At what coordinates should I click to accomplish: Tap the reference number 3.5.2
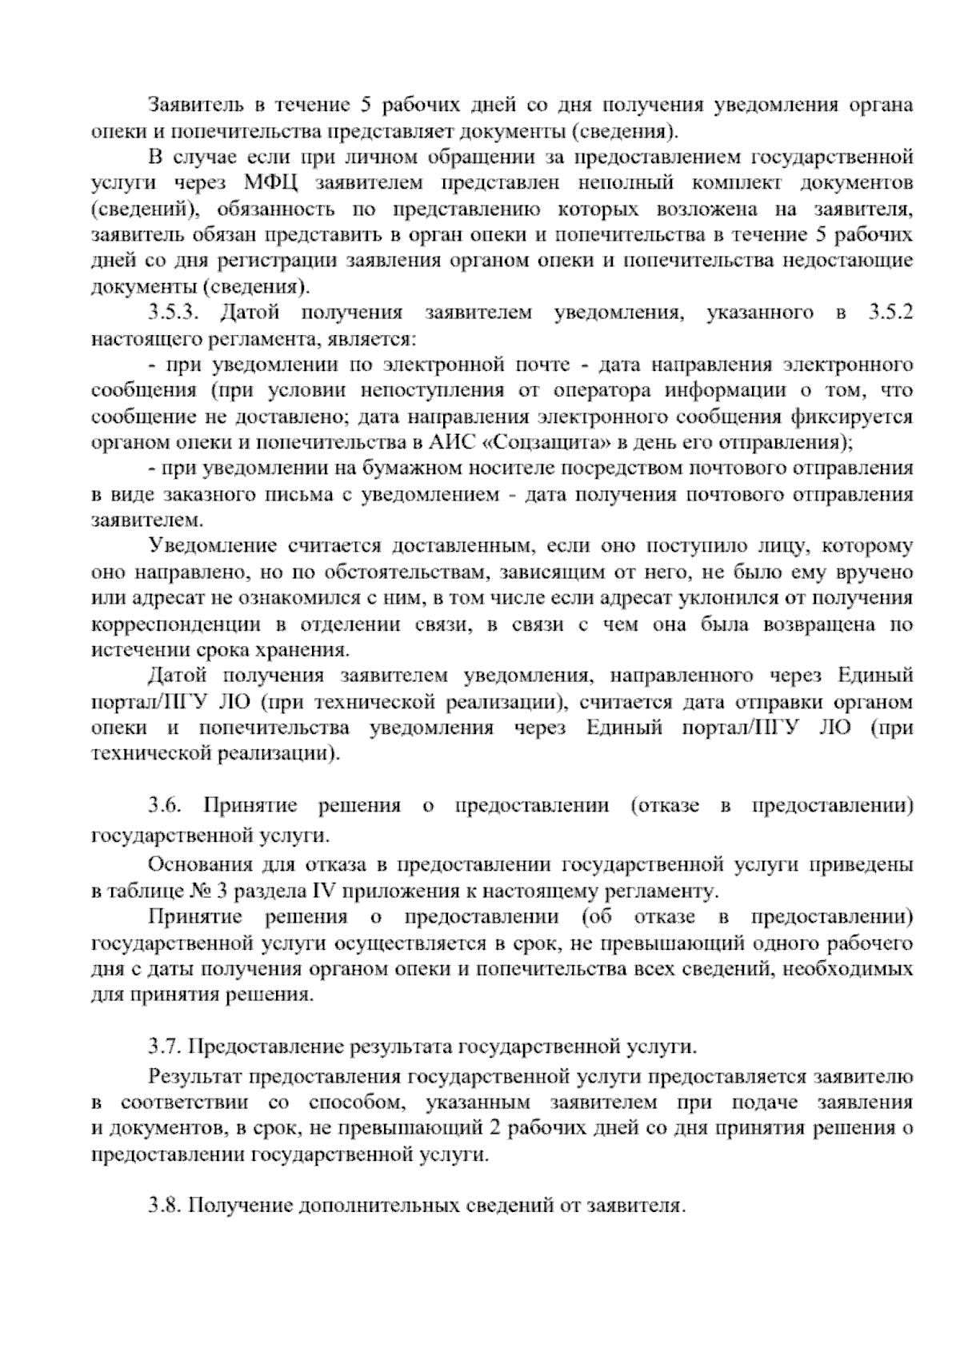[890, 313]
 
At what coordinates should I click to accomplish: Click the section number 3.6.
[164, 805]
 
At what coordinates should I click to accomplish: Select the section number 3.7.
[164, 1045]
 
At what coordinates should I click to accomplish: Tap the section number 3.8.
[164, 1205]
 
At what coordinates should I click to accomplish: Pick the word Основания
[200, 864]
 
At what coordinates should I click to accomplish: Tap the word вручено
[878, 572]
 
